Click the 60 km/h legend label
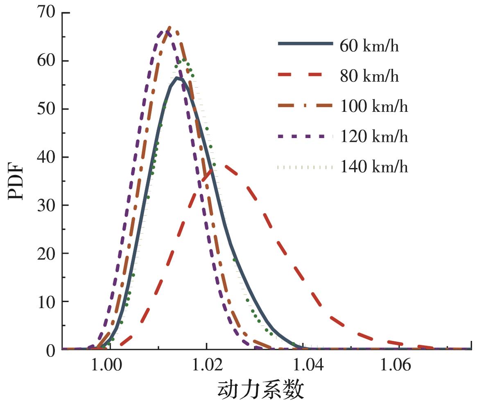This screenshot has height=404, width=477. click(369, 46)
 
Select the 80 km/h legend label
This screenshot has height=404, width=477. click(369, 76)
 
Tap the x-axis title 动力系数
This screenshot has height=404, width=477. click(260, 390)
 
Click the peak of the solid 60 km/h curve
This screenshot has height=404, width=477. click(177, 78)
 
